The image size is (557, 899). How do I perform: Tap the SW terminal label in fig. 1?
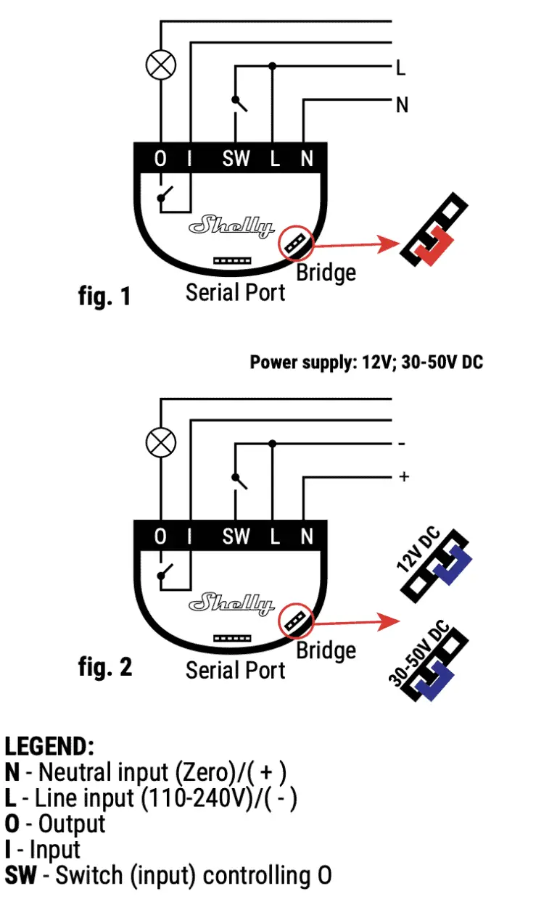tap(236, 159)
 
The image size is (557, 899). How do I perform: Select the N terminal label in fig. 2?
tap(307, 536)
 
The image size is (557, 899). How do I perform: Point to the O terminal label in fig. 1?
tap(160, 159)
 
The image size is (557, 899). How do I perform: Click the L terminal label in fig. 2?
tap(275, 536)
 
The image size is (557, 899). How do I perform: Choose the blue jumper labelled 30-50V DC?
tap(436, 671)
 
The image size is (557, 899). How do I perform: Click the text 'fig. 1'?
tap(104, 296)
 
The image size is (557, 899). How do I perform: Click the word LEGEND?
tap(49, 746)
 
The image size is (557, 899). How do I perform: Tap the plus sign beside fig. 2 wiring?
tap(404, 476)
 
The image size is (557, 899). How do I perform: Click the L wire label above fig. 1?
tap(400, 69)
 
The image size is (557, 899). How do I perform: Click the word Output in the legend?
tap(71, 824)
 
